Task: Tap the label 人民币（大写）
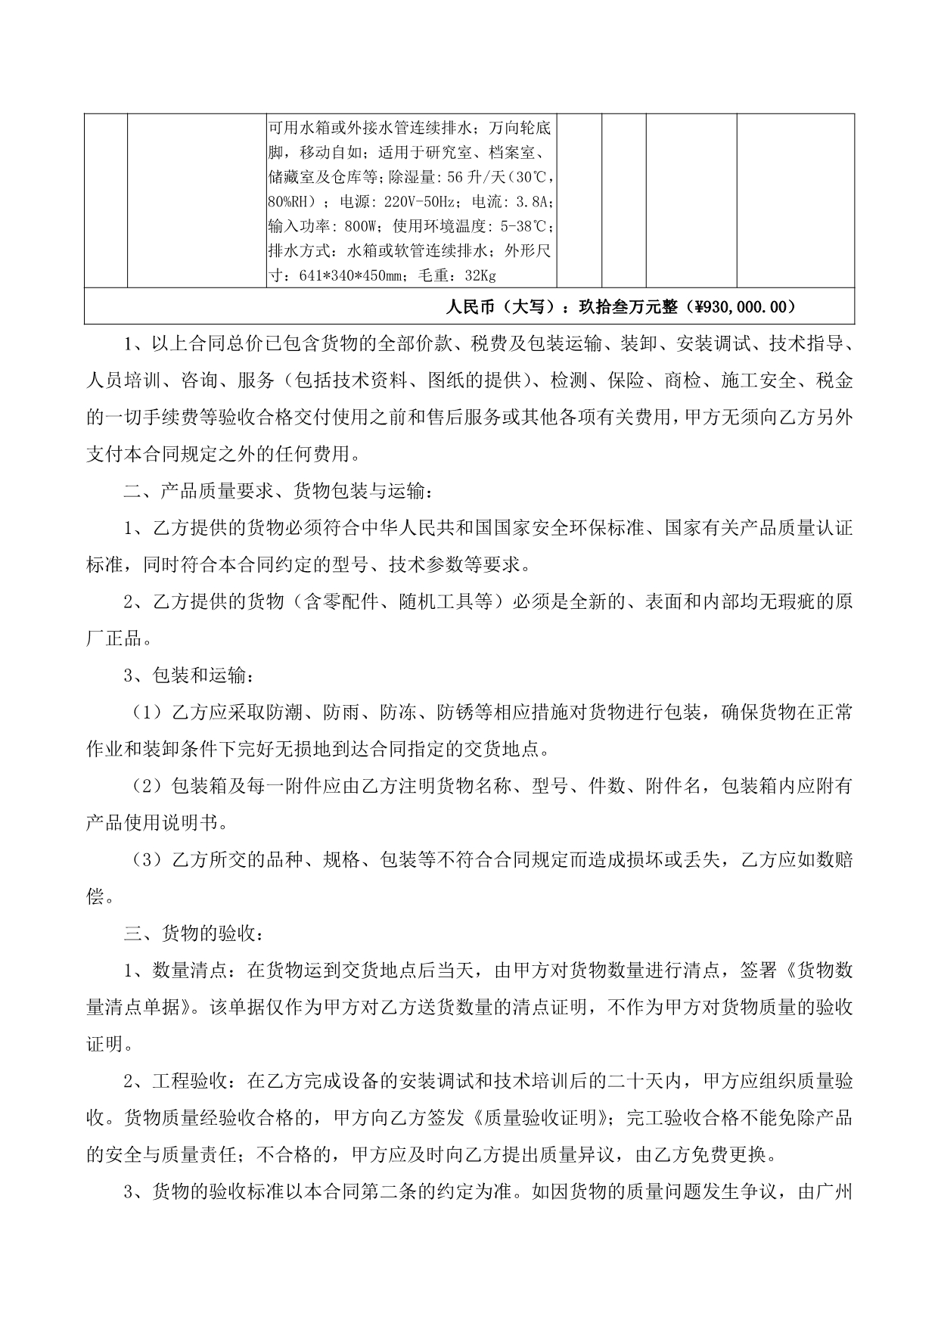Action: [506, 307]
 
